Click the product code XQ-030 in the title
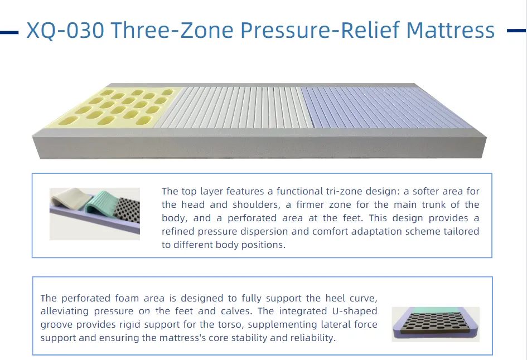[x=65, y=30]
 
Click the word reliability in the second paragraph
[x=311, y=338]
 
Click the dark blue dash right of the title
[x=516, y=31]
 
